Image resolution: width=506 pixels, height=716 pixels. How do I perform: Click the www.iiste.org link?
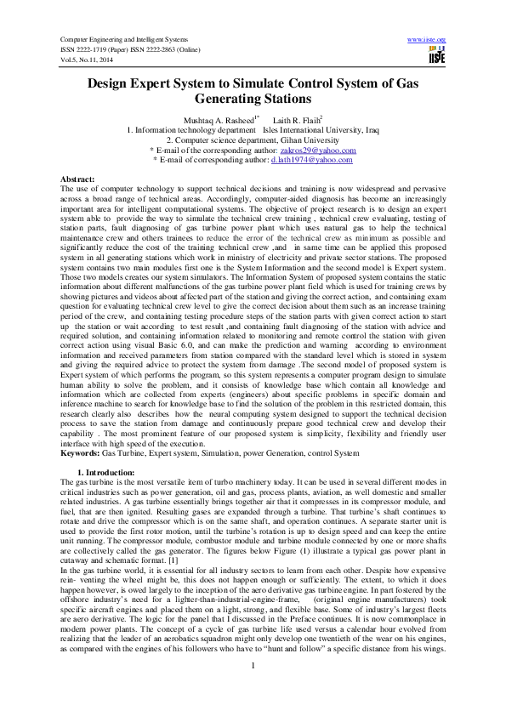click(427, 39)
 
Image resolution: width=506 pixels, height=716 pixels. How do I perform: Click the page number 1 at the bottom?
click(253, 687)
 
